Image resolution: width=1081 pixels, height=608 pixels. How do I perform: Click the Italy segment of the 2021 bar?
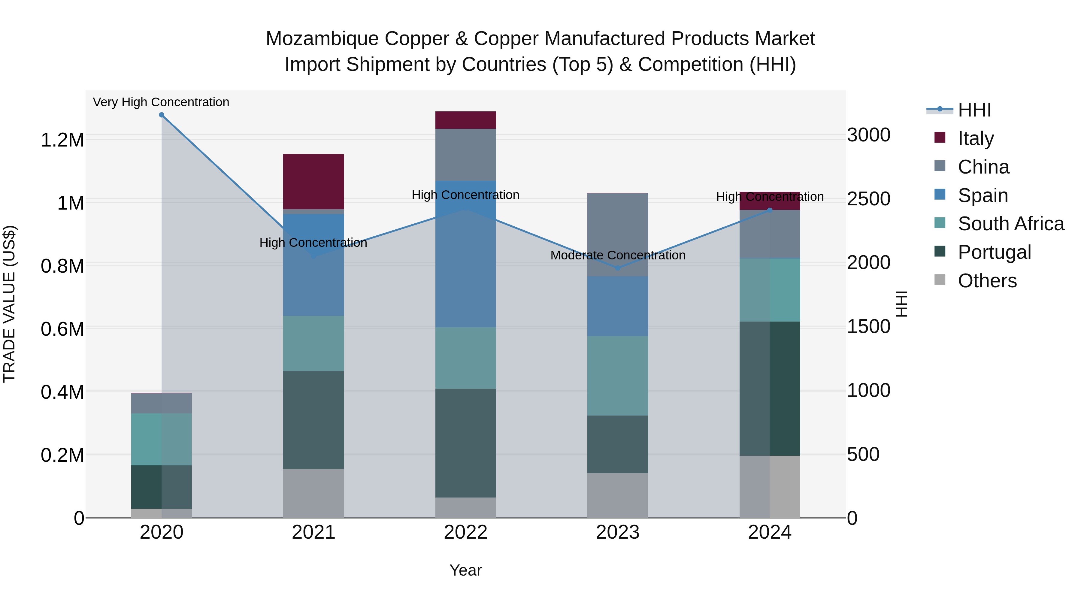pos(313,181)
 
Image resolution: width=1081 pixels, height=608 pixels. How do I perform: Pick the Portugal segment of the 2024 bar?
pos(770,388)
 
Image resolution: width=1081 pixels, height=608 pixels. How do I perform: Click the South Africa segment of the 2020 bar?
pos(162,439)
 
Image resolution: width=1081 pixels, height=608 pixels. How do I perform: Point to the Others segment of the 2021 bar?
pos(313,493)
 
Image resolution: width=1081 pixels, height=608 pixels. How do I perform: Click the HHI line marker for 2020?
pos(162,115)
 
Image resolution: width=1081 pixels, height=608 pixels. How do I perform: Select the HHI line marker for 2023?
pos(617,268)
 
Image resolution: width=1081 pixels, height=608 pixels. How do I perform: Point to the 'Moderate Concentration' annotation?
pos(617,255)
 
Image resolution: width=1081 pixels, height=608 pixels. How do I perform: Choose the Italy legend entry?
pos(976,138)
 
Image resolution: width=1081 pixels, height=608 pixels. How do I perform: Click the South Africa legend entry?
pos(1010,224)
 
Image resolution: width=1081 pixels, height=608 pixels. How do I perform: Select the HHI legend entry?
pos(974,110)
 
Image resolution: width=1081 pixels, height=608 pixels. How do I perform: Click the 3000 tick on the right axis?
pos(868,135)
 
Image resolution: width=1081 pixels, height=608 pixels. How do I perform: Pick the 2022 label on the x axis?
pos(465,532)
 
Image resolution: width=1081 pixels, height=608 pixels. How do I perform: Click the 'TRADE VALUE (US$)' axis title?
pos(9,304)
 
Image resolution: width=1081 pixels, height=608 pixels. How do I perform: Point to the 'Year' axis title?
pos(465,570)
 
